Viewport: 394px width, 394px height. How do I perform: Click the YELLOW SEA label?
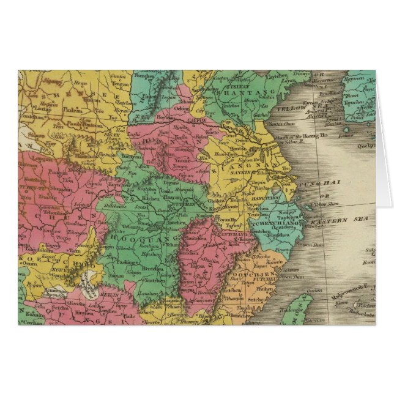(292, 108)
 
